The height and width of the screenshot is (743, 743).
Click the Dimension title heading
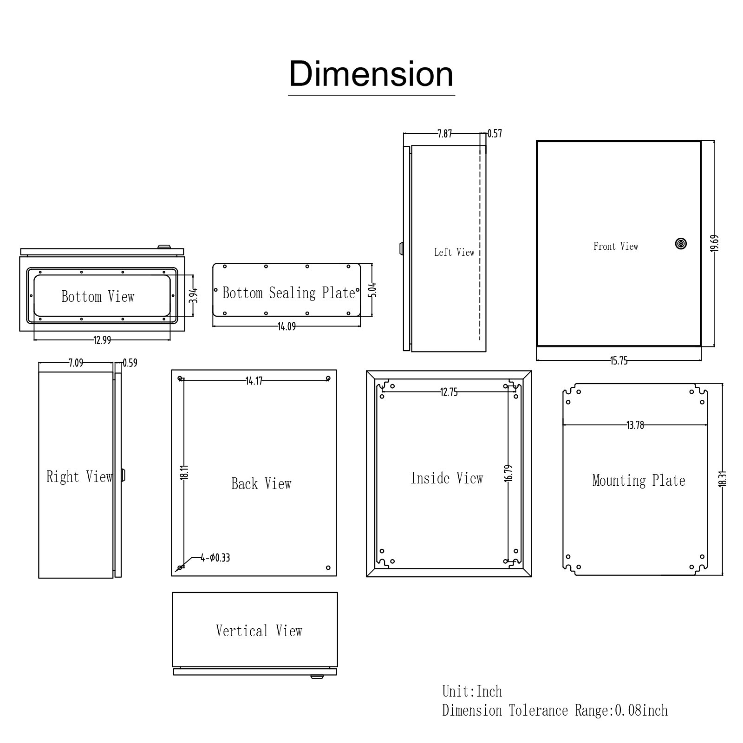[371, 74]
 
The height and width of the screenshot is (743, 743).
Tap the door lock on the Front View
[681, 243]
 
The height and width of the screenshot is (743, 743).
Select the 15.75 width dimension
[619, 361]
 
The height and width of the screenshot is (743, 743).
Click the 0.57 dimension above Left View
[495, 134]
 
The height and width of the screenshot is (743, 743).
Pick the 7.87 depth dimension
[444, 134]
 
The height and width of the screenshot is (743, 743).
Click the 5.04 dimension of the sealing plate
[372, 290]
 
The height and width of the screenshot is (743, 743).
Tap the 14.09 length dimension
[287, 326]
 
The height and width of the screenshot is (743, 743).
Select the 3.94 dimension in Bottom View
[194, 295]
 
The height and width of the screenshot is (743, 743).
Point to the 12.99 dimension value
[102, 340]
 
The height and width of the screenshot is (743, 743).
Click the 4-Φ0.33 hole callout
[215, 558]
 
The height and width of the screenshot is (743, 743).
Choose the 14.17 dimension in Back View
[254, 381]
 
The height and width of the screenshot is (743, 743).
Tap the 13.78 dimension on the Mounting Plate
[635, 425]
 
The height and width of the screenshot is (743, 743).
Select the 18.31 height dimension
[723, 478]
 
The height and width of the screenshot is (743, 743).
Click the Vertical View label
[259, 631]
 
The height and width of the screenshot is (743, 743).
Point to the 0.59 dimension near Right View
[130, 363]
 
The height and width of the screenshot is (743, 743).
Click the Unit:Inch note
[472, 691]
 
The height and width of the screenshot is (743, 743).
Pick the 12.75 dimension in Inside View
[449, 392]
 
